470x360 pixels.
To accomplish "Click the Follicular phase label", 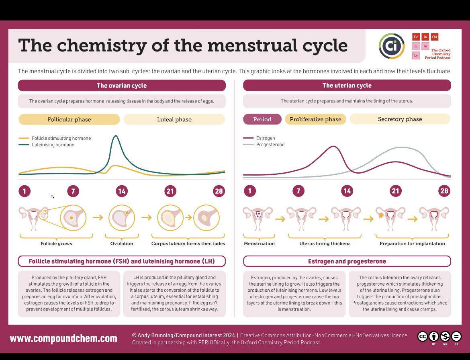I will [69, 119].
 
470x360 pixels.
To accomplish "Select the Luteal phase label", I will [174, 119].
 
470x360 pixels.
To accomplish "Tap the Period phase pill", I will [262, 119].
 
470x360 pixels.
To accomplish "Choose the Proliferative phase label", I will [315, 119].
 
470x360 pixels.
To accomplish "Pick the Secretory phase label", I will [400, 119].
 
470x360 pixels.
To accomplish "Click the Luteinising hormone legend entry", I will [53, 145].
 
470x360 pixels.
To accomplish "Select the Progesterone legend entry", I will [270, 145].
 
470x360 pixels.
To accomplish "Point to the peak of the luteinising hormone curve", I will [116, 136].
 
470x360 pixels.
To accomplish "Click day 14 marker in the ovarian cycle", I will [121, 191].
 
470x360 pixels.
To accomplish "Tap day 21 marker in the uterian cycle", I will [395, 191].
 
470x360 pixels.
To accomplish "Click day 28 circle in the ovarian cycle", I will [219, 191].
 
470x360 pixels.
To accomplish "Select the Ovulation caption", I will [121, 243].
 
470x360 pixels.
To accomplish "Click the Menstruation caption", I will [259, 243].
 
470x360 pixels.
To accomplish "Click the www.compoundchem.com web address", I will [63, 338].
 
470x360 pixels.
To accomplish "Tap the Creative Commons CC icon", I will [422, 337].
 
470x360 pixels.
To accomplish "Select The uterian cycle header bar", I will [347, 86].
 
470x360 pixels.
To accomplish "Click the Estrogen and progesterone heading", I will [347, 261].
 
